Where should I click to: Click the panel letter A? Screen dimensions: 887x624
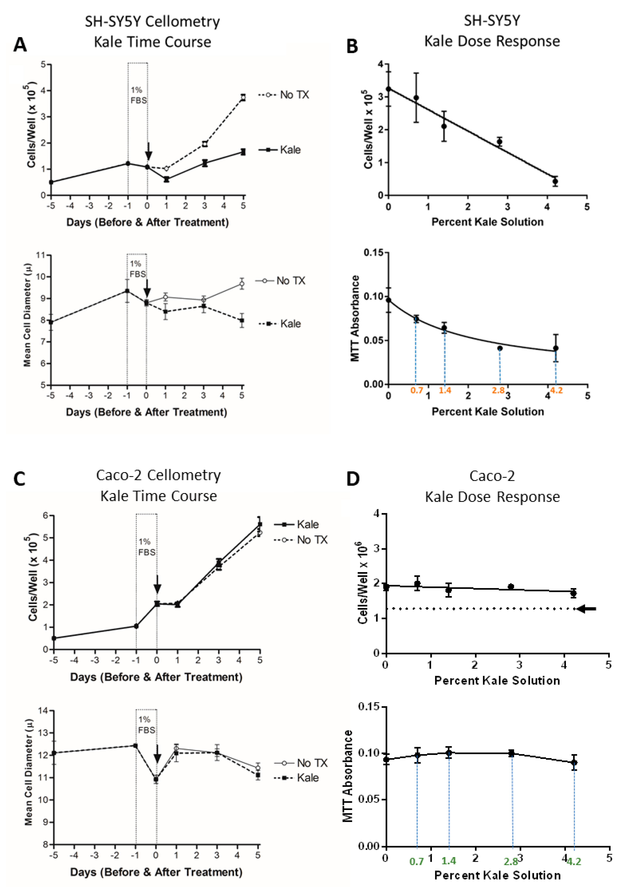tap(20, 44)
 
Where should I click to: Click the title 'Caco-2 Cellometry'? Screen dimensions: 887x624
tap(158, 475)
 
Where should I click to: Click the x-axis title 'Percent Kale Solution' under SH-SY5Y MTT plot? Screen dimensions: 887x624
tap(487, 411)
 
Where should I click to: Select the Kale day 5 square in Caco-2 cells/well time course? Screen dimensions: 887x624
tap(260, 524)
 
